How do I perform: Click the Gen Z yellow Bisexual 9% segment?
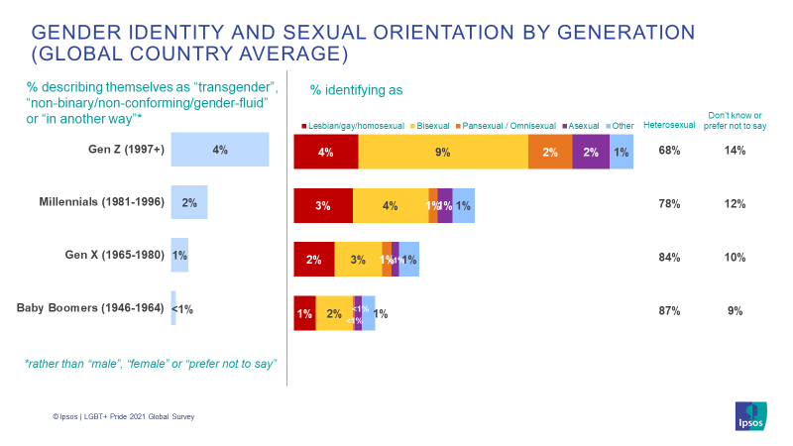coord(443,152)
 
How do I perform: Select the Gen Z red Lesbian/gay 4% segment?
coord(326,152)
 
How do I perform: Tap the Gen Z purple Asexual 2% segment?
coord(591,152)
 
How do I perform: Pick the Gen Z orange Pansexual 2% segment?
coord(550,152)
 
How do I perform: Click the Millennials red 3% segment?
coord(323,205)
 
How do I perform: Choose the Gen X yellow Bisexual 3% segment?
coord(358,259)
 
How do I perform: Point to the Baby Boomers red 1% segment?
coord(304,313)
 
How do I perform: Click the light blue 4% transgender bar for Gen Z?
coord(220,150)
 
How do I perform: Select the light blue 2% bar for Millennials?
coord(189,203)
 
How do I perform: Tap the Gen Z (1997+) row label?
coord(126,150)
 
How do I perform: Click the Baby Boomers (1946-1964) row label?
coord(90,308)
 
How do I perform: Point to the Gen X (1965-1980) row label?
coord(114,256)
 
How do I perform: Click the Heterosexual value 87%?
coord(669,311)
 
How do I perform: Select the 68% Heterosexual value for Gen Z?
coord(669,151)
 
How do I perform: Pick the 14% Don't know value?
coord(735,151)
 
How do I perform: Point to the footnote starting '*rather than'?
coord(150,364)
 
